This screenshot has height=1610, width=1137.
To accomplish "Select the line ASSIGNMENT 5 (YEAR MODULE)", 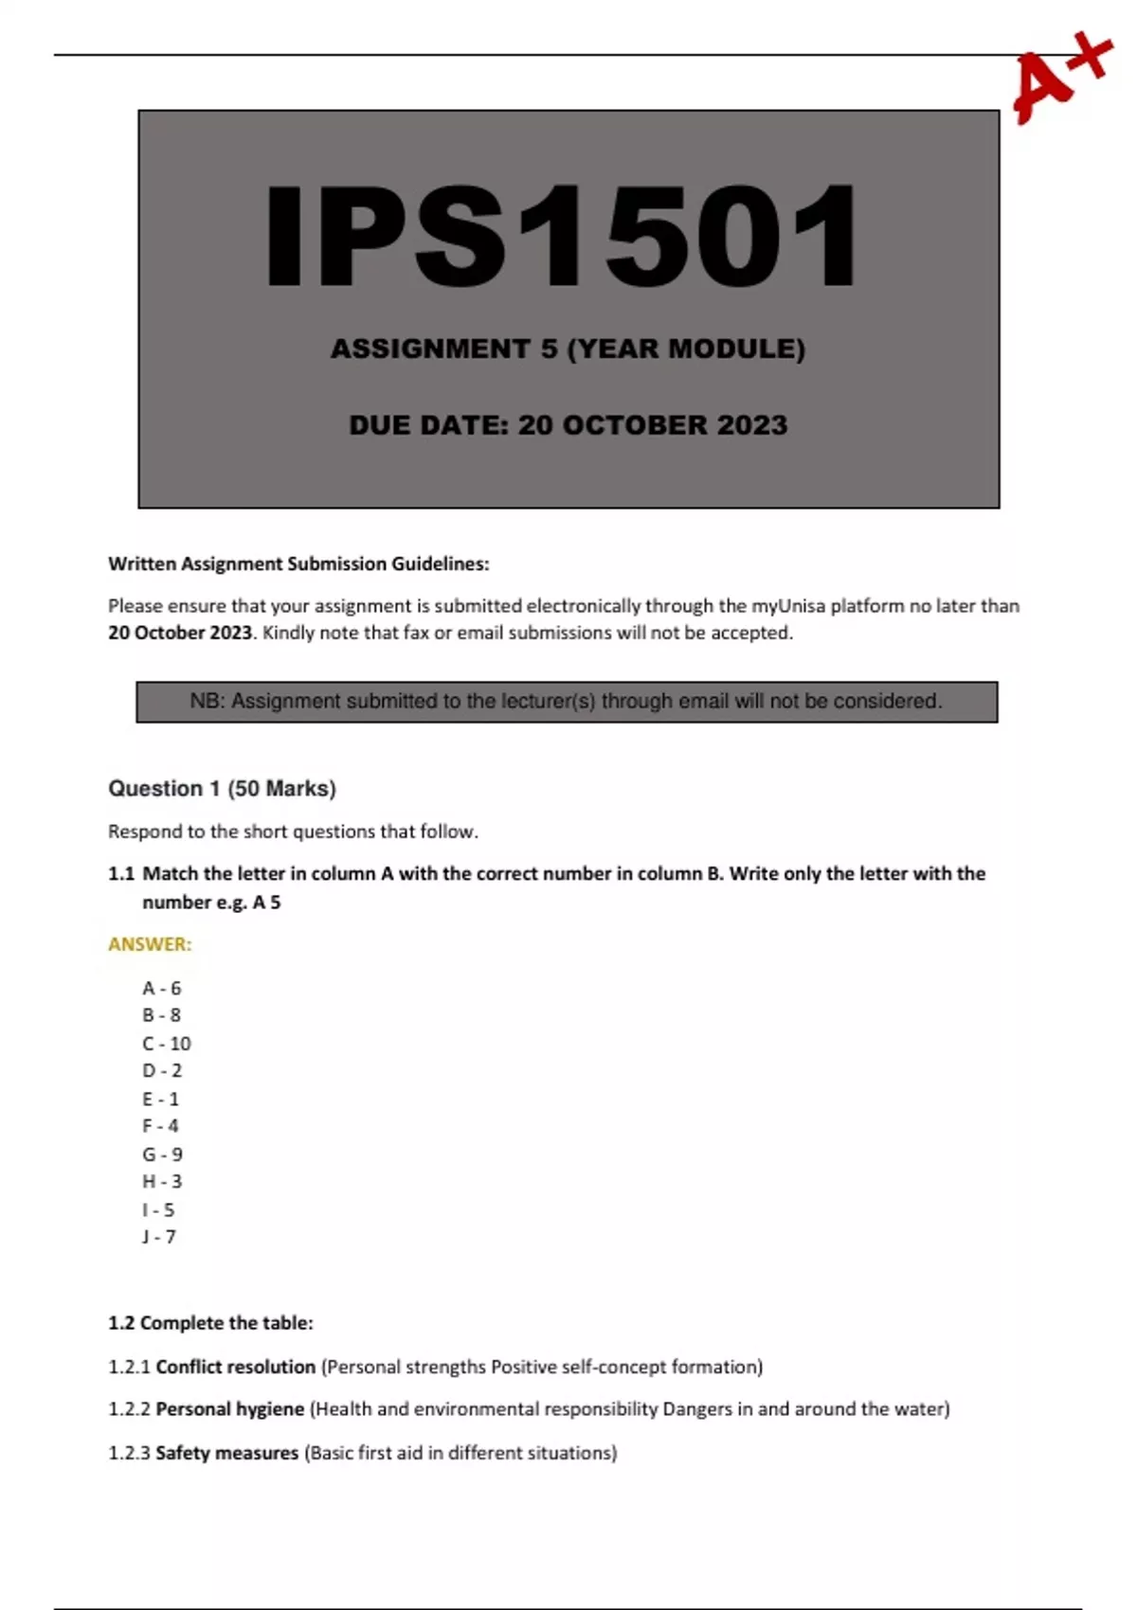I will (568, 349).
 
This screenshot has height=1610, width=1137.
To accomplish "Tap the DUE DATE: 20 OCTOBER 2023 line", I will (568, 425).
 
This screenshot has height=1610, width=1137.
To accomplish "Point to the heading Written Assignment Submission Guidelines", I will (298, 563).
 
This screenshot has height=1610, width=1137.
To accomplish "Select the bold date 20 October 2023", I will (180, 633).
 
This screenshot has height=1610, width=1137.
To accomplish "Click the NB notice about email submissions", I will (567, 702).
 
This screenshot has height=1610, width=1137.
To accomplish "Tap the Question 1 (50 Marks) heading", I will (222, 788).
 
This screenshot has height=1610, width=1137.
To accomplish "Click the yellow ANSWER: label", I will (150, 944).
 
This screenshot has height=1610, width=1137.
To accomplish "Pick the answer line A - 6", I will (161, 988).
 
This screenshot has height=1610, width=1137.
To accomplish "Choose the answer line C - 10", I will (166, 1043).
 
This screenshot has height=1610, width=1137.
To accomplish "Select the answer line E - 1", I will (160, 1099).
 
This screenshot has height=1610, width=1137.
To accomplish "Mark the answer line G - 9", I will (162, 1154).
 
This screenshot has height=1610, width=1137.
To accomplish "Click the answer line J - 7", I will (159, 1236).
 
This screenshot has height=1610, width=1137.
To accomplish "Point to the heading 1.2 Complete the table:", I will (210, 1322).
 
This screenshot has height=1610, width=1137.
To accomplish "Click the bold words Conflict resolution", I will (235, 1367).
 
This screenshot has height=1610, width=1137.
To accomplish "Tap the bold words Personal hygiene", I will (229, 1408).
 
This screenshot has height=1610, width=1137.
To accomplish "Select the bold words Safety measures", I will (226, 1452).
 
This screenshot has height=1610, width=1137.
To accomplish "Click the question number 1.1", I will (121, 873).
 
